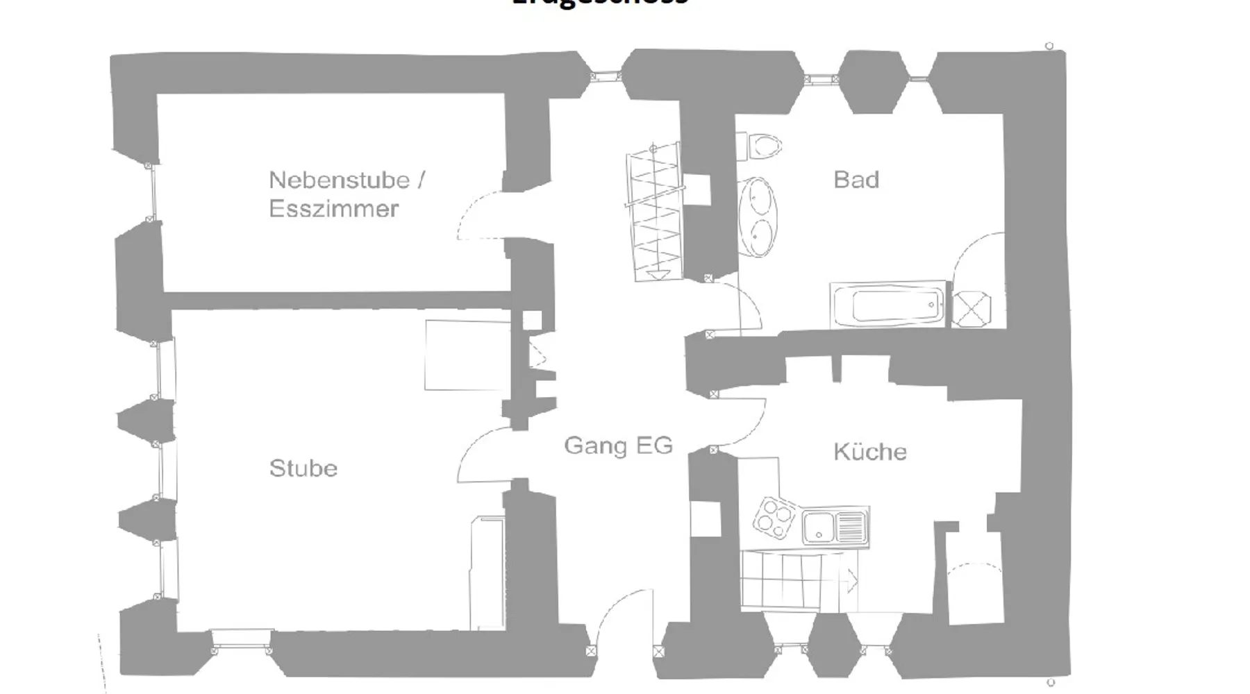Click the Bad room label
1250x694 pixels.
pyautogui.click(x=856, y=180)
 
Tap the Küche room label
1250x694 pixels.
pyautogui.click(x=869, y=452)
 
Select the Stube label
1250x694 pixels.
pyautogui.click(x=303, y=468)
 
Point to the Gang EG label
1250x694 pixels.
pyautogui.click(x=618, y=445)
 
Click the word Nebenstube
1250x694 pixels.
pyautogui.click(x=339, y=180)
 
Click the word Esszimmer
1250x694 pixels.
pyautogui.click(x=333, y=209)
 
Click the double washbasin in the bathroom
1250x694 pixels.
pyautogui.click(x=758, y=217)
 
